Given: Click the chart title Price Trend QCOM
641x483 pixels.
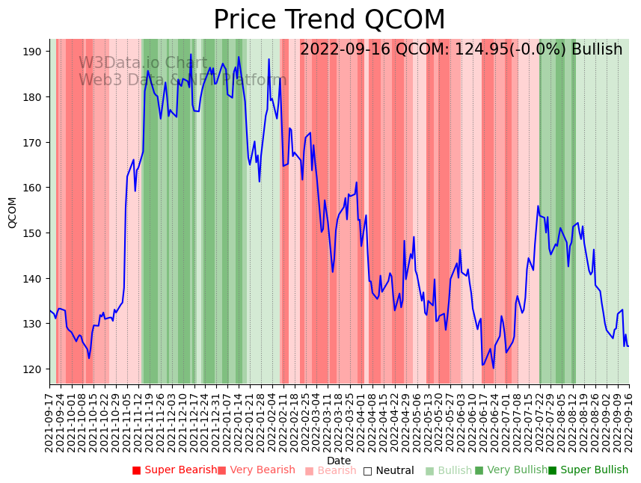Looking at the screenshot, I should [329, 20].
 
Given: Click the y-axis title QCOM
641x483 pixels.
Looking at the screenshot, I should [12, 212].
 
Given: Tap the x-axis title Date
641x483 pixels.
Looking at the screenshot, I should [339, 461].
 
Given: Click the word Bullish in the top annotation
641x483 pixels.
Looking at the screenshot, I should [597, 50].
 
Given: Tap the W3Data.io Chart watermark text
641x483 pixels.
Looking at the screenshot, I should [143, 64].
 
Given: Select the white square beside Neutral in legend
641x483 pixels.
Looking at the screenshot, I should [367, 471].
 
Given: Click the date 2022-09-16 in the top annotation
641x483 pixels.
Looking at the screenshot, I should [345, 50].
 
